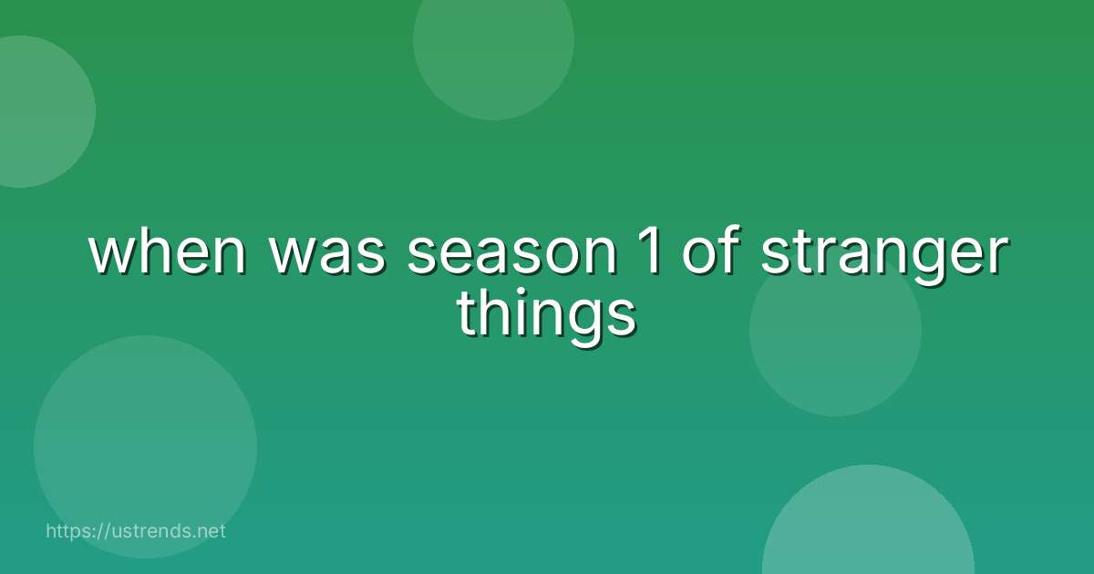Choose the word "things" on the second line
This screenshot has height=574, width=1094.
tap(546, 315)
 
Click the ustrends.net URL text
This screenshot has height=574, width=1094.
tap(135, 530)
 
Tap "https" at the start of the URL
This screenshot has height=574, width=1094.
tap(67, 530)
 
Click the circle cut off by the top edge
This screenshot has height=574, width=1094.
tap(493, 46)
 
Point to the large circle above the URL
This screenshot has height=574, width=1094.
tap(145, 446)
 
